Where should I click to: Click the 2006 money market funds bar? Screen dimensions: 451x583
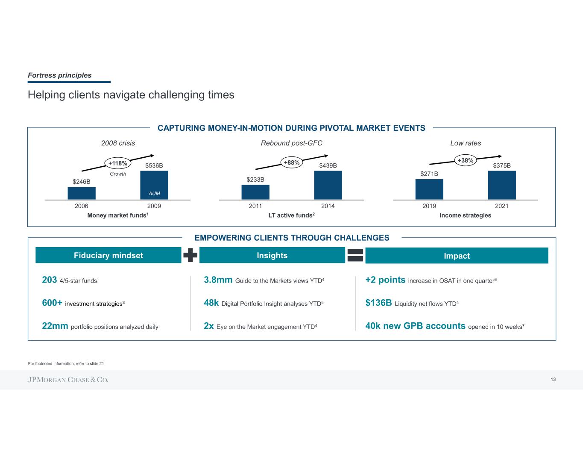[x=82, y=193]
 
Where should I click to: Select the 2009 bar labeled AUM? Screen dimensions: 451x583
[x=154, y=185]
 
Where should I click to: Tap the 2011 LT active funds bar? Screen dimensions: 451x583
[x=255, y=192]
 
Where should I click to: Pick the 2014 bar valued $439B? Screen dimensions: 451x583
[x=328, y=185]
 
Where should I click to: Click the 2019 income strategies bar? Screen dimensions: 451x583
[x=429, y=189]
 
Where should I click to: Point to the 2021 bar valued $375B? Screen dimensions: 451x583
[x=502, y=185]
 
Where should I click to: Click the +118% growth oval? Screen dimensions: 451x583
[x=117, y=163]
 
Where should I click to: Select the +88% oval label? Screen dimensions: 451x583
[x=292, y=162]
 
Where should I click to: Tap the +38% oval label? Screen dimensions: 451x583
[x=466, y=161]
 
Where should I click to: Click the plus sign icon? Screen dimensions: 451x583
[x=190, y=255]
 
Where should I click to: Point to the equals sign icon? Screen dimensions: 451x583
[x=355, y=255]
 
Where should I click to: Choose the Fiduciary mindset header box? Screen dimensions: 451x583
[x=108, y=255]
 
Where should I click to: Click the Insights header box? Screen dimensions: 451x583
[x=272, y=255]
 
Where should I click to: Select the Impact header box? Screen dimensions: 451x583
[x=457, y=256]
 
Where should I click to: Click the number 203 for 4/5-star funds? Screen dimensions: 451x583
[x=50, y=280]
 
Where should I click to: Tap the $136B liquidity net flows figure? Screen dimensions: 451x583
[x=378, y=303]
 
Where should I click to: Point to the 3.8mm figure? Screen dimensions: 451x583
[x=218, y=280]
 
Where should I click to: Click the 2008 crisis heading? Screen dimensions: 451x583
[x=118, y=143]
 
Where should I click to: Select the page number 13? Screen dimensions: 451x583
[x=553, y=380]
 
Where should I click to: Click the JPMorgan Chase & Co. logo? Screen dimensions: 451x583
[x=68, y=380]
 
